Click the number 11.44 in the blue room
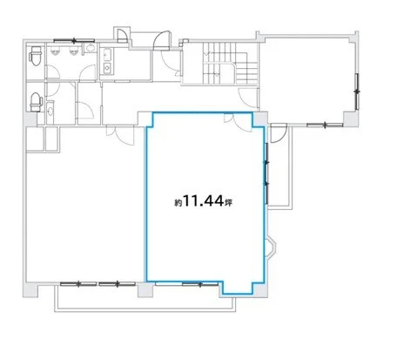coord(204,200)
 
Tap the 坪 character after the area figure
coord(228,202)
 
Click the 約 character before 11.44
coord(178,203)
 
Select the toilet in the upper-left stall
coord(36,56)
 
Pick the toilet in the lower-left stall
coord(36,102)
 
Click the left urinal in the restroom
coord(55,51)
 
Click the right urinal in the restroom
coord(73,51)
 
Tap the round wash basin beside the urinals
coord(91,48)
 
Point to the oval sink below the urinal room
coord(50,111)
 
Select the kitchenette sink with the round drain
coord(108,68)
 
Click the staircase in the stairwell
coord(230,64)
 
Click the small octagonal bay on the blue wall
coord(271,248)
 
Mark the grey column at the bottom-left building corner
coord(30,289)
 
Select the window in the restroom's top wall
coord(74,41)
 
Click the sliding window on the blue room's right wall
coord(266,173)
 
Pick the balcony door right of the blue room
coord(279,133)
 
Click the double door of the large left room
coord(120,135)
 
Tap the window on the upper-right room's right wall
coord(357,92)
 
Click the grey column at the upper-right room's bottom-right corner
coord(351,119)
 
